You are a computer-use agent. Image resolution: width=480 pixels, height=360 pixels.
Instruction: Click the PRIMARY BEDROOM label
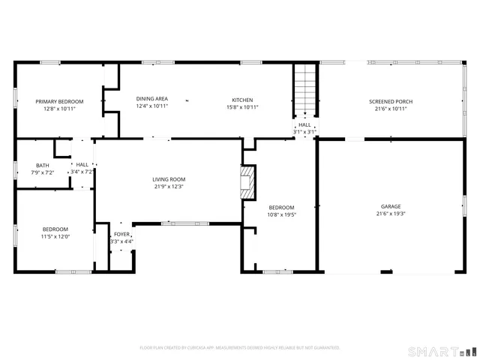coord(59,101)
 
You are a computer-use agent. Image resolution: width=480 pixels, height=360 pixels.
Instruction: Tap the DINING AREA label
coord(151,99)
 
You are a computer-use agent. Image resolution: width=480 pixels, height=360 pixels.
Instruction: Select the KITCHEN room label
coord(242,100)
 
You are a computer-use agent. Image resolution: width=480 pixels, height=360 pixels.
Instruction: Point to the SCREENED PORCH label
coord(390,101)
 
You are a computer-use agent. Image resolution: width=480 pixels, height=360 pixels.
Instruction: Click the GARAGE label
coord(390,206)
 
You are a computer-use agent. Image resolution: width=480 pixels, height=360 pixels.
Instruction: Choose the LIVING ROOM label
coord(169,179)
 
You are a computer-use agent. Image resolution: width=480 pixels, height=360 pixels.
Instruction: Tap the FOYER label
coord(121,234)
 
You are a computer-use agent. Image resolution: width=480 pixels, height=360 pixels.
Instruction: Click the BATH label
coord(43,165)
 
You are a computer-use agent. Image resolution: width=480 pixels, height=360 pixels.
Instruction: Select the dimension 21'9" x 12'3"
coord(169,187)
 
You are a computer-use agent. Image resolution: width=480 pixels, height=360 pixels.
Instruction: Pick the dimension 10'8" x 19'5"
coord(282,214)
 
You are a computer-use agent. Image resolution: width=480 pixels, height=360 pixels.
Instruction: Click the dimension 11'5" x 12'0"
coord(55,236)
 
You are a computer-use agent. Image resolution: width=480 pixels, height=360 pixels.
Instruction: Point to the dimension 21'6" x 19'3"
coord(390,214)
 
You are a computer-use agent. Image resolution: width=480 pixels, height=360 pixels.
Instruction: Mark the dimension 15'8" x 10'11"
coord(242,107)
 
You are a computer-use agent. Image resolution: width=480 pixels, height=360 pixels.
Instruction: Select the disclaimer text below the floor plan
coord(240,348)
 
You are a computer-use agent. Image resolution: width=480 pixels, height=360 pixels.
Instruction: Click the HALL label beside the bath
coord(82,164)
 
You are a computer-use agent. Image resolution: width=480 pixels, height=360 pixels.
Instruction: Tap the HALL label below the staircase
coord(304,125)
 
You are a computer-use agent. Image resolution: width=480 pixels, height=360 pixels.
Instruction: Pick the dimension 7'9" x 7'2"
coord(43,172)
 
